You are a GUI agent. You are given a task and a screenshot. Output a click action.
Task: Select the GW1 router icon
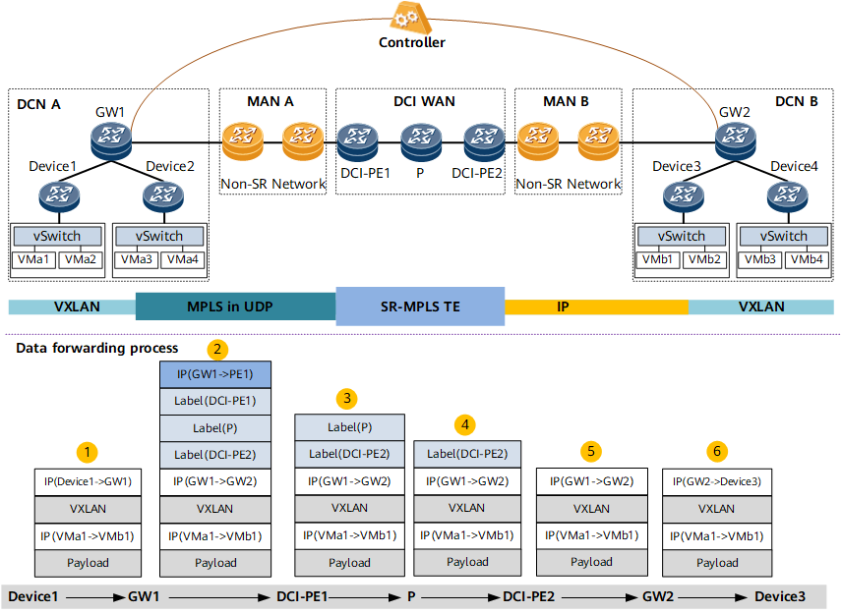[111, 140]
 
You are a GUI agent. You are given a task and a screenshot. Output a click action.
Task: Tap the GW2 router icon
[735, 140]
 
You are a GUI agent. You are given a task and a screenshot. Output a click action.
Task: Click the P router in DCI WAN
[421, 142]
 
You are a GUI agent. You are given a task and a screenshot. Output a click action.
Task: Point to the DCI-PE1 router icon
[357, 142]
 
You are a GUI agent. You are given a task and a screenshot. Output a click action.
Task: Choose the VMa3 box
[136, 260]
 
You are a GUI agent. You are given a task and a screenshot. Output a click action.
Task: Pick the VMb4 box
[806, 260]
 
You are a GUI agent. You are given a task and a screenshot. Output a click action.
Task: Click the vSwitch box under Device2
[159, 236]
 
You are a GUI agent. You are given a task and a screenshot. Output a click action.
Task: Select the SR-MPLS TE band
[420, 306]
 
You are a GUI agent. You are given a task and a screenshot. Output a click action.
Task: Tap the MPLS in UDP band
[236, 306]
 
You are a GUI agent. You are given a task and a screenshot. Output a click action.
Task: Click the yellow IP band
[596, 306]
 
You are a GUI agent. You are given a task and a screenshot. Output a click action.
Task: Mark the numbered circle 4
[465, 425]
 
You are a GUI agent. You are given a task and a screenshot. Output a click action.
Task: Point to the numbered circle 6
[717, 451]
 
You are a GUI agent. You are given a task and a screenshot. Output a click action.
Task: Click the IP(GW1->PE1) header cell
[215, 374]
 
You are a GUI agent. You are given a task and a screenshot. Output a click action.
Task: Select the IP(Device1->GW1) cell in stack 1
[89, 481]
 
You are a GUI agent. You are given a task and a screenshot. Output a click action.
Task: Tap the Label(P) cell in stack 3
[349, 427]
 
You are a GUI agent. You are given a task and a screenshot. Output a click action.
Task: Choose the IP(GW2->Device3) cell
[717, 481]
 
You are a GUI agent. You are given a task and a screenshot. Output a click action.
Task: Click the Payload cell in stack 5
[592, 562]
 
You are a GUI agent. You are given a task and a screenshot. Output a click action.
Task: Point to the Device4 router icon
[787, 196]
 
